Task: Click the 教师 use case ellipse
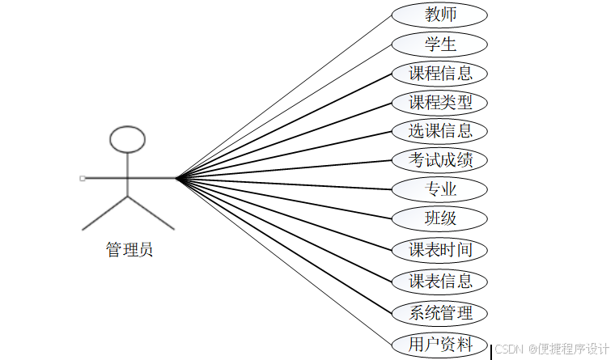[439, 15]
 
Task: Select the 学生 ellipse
[439, 44]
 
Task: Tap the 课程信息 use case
[439, 74]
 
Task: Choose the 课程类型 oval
[439, 103]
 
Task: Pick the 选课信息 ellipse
[439, 130]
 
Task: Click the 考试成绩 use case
[439, 159]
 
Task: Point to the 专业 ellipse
[439, 189]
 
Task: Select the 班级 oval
[439, 218]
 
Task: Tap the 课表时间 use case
[439, 250]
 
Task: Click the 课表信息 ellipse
[439, 282]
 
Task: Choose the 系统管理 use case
[439, 313]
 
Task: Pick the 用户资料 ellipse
[439, 345]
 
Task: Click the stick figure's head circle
[128, 139]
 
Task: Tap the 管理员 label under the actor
[129, 250]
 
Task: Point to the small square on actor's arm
[83, 177]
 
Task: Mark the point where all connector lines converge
[176, 177]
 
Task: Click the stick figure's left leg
[105, 212]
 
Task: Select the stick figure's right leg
[151, 212]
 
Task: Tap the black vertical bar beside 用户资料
[491, 352]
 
